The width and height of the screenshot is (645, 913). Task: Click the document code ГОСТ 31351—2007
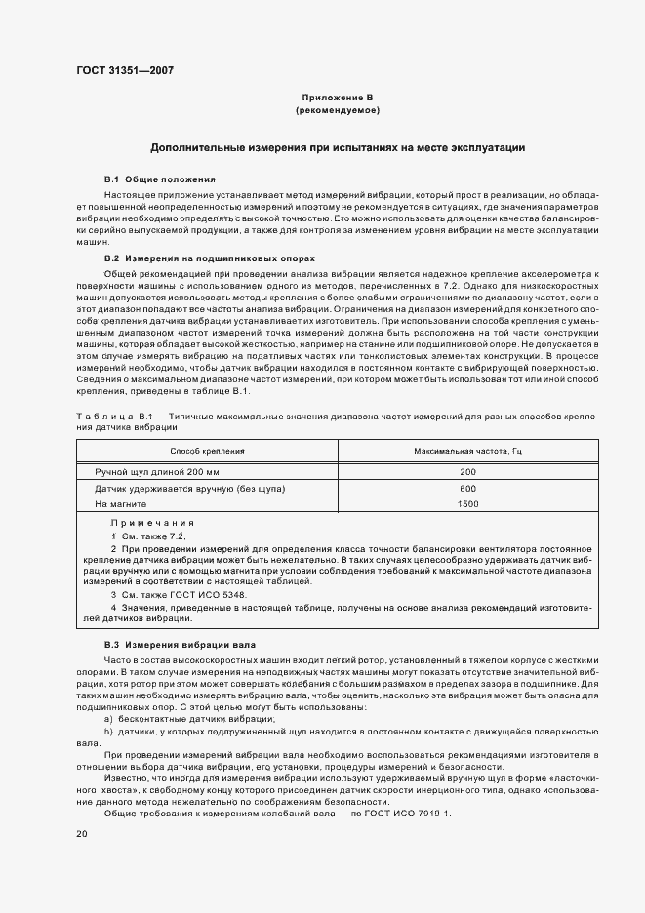click(x=125, y=69)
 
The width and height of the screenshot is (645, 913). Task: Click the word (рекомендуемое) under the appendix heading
click(x=338, y=113)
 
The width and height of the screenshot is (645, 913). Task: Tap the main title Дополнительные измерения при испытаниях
click(x=338, y=148)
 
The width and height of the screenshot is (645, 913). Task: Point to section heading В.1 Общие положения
click(x=160, y=180)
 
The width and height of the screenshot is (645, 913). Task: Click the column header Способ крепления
click(x=207, y=452)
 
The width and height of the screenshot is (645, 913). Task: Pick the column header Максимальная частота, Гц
click(x=467, y=452)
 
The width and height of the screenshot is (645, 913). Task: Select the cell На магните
click(x=120, y=504)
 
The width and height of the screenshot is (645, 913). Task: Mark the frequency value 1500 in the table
click(x=467, y=504)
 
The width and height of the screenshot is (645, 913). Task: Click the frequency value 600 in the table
click(x=467, y=488)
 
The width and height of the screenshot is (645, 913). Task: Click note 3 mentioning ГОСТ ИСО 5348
click(x=179, y=594)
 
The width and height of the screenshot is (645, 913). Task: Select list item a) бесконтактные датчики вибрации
click(x=175, y=719)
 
